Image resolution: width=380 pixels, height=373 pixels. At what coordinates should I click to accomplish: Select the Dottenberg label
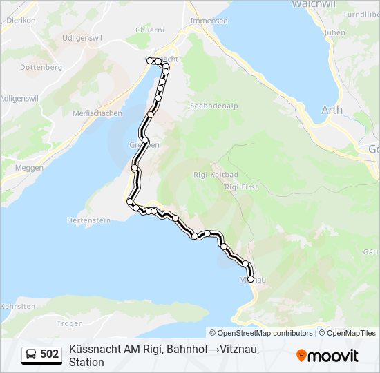[x=41, y=68]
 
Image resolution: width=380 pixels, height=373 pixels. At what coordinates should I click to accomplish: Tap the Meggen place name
[x=29, y=168]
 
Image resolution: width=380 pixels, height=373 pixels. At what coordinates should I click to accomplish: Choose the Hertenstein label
[x=88, y=220]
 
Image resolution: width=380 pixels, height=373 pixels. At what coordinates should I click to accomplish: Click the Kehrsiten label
[x=18, y=305]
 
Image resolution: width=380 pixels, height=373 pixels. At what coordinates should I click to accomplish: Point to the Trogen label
[x=70, y=323]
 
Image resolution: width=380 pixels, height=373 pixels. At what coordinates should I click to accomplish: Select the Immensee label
[x=209, y=21]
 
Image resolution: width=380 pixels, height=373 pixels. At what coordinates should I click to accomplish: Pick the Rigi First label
[x=240, y=186]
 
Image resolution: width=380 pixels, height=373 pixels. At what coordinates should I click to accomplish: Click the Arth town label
[x=332, y=110]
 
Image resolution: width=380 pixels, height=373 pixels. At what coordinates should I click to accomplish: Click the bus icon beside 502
[x=31, y=354]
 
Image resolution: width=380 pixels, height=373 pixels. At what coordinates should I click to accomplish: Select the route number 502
[x=50, y=354]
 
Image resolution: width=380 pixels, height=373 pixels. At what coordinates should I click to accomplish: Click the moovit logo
[x=327, y=355]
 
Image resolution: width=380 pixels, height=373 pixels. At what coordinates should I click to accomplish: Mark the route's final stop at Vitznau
[x=251, y=279]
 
